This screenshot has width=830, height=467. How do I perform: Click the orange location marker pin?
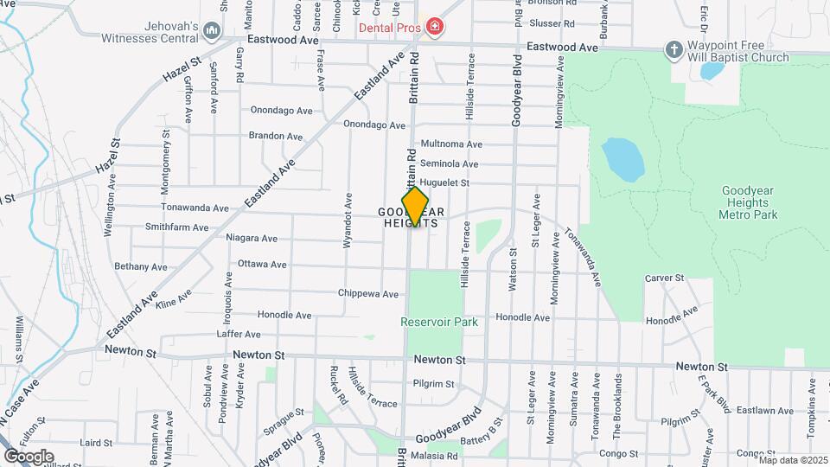click(415, 207)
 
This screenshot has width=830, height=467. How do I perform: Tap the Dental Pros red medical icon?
click(434, 28)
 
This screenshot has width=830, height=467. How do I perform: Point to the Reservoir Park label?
click(438, 322)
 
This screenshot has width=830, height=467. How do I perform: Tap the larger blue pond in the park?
click(622, 157)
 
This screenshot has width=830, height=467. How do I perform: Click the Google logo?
click(29, 456)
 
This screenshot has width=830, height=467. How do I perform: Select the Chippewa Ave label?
click(368, 294)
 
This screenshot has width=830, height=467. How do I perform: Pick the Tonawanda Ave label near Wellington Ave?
click(195, 208)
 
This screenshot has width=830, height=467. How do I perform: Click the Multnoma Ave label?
click(450, 144)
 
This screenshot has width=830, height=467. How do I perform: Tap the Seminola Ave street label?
click(449, 163)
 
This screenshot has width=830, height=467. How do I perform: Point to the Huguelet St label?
click(444, 182)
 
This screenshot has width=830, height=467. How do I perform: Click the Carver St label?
click(664, 278)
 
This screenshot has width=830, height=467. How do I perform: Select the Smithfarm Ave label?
click(176, 227)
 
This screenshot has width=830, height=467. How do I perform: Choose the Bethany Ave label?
click(139, 266)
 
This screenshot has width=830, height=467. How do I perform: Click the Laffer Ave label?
click(239, 334)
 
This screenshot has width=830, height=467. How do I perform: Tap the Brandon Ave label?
click(275, 136)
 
